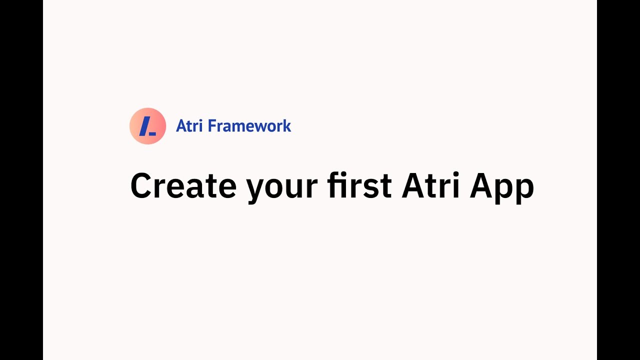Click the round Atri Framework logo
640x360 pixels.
pos(147,126)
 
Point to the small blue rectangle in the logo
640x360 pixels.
pos(152,133)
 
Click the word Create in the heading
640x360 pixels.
pos(183,186)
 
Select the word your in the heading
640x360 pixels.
pos(282,187)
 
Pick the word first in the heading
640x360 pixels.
pos(359,186)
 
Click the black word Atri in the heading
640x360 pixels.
pos(430,186)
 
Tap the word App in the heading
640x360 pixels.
pos(501,187)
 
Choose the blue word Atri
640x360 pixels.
pos(189,126)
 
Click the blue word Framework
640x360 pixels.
pos(249,126)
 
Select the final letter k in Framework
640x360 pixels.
pos(287,126)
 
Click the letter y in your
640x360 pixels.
pos(256,190)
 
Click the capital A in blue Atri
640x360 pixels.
pos(181,126)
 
